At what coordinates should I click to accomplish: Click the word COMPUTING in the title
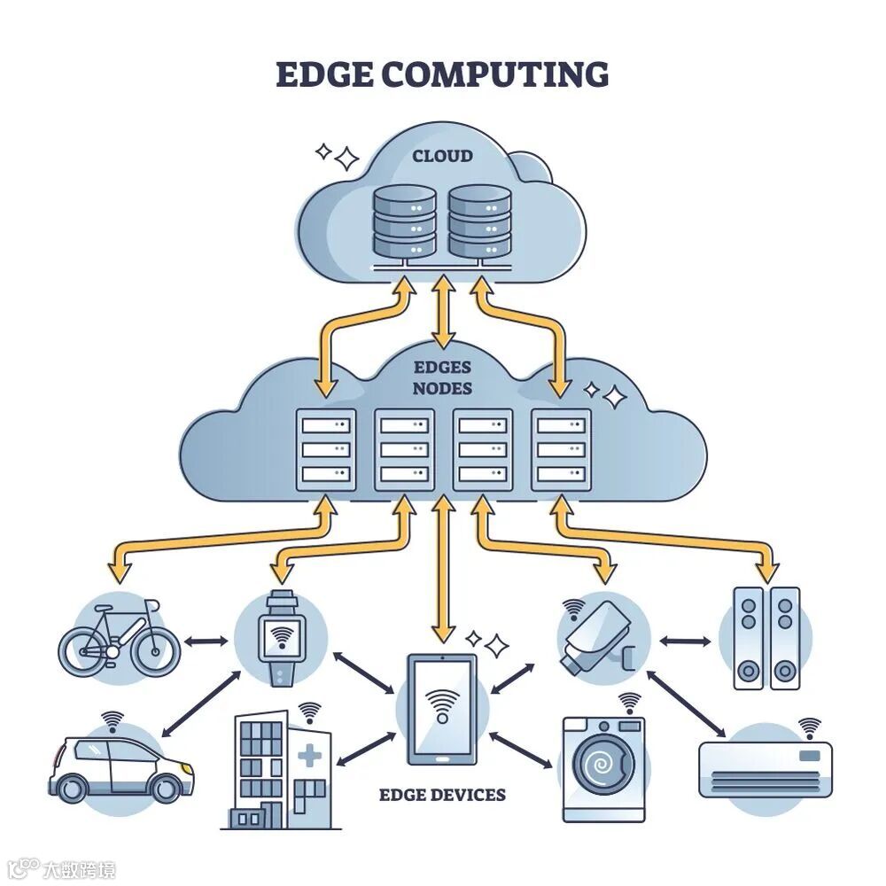tap(495, 74)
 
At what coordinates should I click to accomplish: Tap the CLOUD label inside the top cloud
tap(442, 157)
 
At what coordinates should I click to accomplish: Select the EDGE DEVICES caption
tap(442, 794)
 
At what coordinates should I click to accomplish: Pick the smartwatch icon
tap(281, 636)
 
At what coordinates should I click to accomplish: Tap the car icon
tap(120, 766)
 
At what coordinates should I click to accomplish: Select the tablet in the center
tap(441, 709)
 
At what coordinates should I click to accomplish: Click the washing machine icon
tap(603, 767)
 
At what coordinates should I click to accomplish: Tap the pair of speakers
tap(766, 638)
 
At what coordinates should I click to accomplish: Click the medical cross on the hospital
tap(309, 758)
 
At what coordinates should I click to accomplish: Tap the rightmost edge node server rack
tap(560, 449)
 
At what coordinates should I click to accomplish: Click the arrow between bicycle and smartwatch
tap(206, 639)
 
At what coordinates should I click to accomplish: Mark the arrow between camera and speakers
tap(686, 640)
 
